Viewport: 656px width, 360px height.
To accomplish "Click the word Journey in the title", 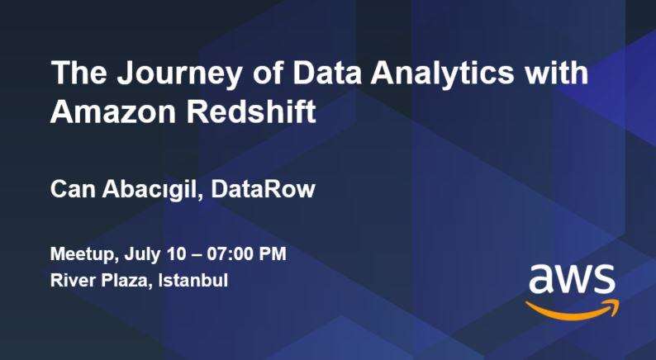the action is pos(179,74).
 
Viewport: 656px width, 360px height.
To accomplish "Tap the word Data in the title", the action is pos(326,73).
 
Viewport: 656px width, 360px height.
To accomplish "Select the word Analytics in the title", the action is pos(442,74).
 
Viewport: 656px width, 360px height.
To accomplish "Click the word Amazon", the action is pos(113,111).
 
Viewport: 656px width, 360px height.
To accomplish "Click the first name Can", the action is pos(74,189).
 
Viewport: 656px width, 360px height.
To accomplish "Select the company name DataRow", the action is pos(263,189).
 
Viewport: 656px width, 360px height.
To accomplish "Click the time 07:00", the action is pos(230,254).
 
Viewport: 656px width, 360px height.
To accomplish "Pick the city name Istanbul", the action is pos(193,280).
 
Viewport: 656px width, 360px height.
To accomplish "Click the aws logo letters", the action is pos(572,279).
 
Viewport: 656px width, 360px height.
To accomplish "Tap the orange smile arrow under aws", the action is pos(573,313).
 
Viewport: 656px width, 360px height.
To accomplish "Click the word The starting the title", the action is pos(78,73).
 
